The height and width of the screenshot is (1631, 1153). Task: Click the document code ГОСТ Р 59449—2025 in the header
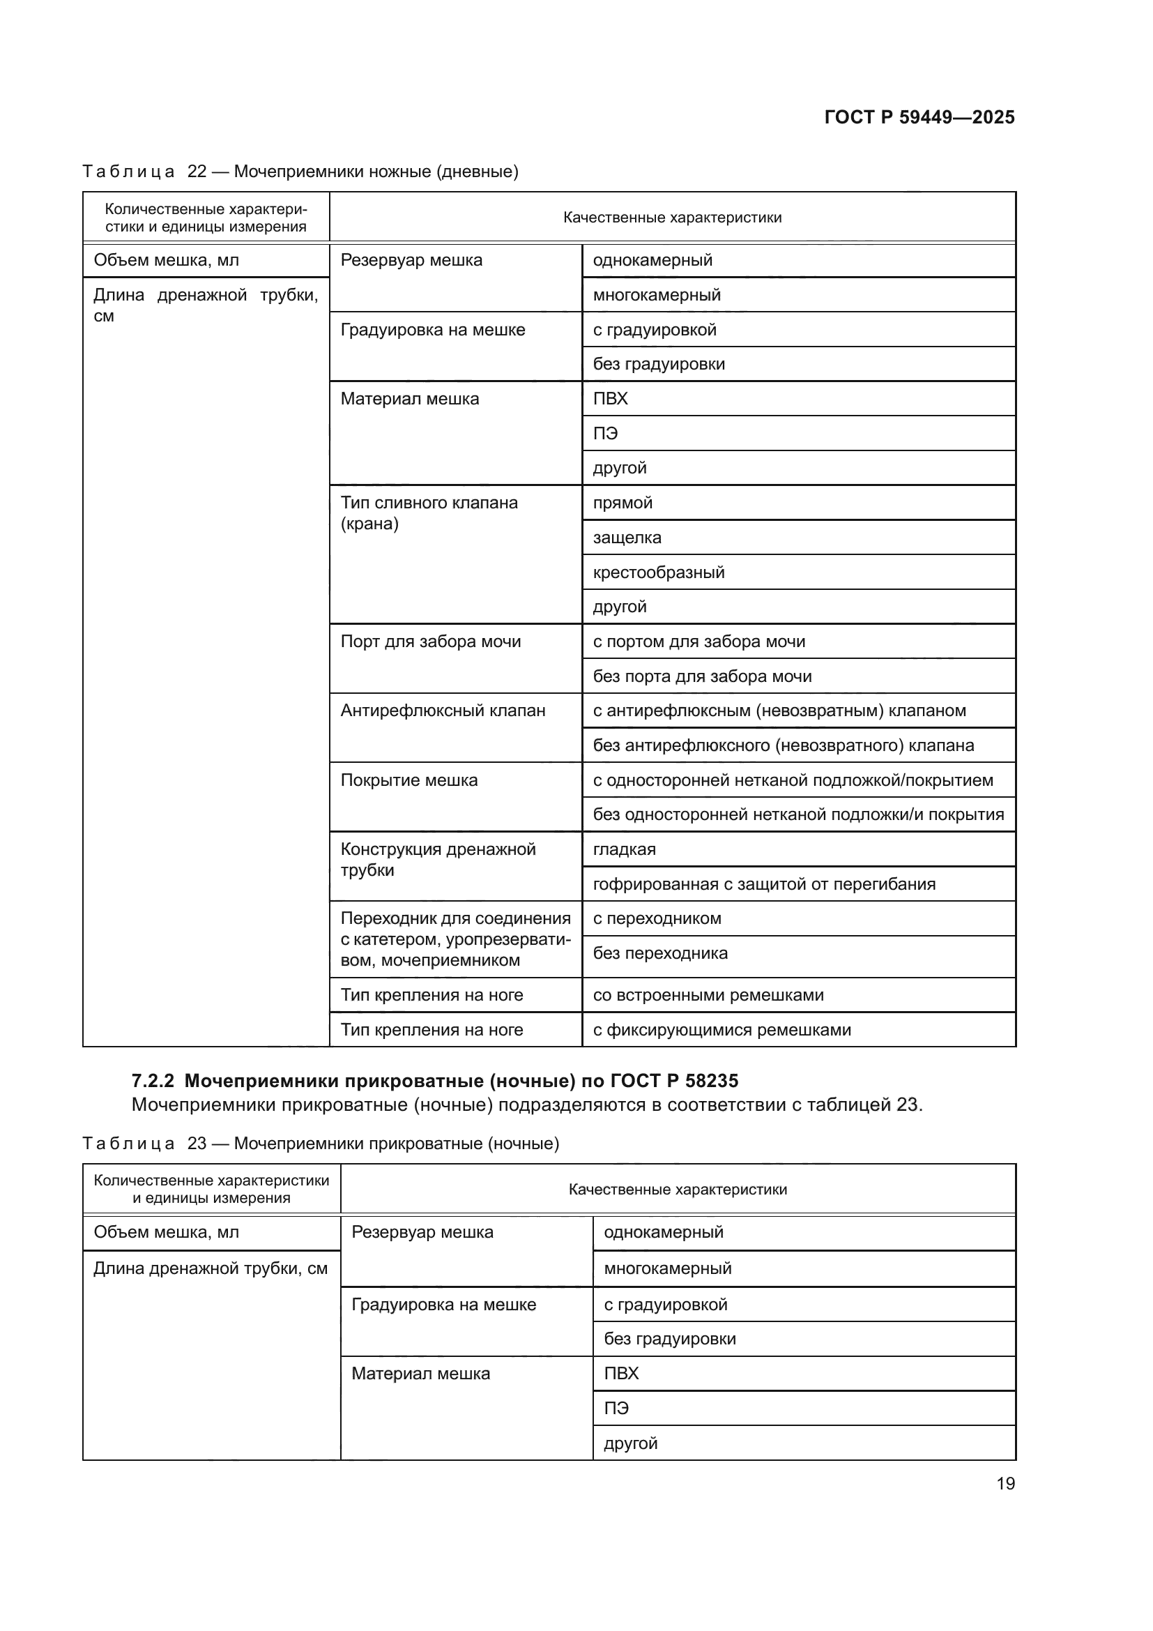coord(919,117)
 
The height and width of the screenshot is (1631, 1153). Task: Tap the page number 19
coord(1005,1483)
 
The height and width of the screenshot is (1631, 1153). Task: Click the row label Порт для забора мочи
coord(430,642)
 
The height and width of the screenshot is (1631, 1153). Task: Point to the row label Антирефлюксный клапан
coord(443,711)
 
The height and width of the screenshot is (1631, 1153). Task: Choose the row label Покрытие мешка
coord(409,780)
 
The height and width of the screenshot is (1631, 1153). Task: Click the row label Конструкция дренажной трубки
coord(437,860)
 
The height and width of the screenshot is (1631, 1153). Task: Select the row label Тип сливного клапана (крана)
coord(429,513)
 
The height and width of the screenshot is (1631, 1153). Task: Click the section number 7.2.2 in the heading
coord(153,1082)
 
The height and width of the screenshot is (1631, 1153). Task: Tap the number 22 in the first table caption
coord(197,172)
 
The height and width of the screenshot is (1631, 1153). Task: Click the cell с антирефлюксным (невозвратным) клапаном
coord(779,711)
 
